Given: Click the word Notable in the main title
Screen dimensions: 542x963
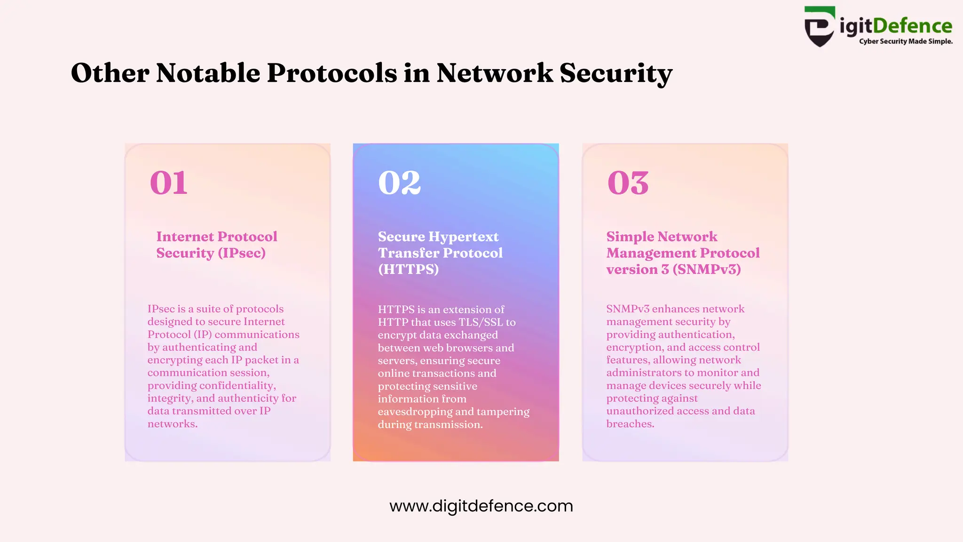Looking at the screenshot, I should [207, 73].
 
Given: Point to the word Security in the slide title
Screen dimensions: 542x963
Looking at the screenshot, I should [616, 73].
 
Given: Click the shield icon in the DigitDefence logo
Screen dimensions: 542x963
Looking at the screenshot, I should [820, 27].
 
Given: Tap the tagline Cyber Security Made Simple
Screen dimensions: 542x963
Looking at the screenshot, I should [906, 41].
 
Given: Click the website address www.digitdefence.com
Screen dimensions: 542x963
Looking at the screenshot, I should [481, 506].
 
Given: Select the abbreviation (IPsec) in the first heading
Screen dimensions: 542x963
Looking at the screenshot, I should [242, 253].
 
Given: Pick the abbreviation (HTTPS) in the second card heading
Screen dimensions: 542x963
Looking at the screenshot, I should [408, 269].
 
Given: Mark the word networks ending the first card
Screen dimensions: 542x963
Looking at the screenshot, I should [172, 424].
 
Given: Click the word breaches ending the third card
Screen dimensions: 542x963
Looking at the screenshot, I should [630, 424].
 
